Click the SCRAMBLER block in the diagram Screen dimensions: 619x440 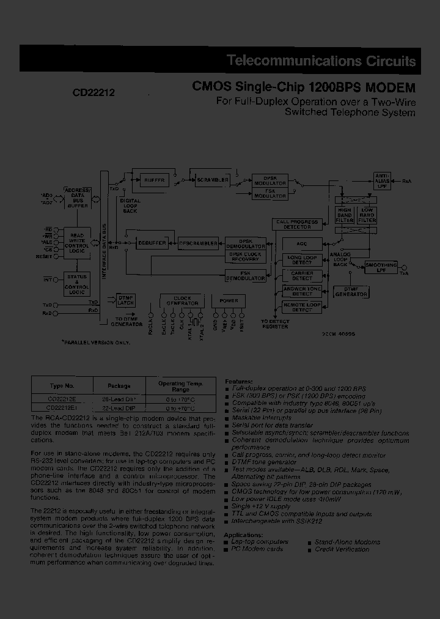pos(213,180)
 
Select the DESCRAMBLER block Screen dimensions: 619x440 pos(197,243)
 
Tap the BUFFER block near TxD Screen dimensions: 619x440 pos(155,180)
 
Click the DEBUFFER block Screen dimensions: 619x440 pos(152,243)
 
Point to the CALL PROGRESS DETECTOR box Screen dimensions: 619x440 pos(297,224)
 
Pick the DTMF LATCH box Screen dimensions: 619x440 pos(125,300)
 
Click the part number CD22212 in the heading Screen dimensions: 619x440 pos(95,92)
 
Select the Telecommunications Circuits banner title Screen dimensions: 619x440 pos(321,61)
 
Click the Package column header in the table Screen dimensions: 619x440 pos(119,386)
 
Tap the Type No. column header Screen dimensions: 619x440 pos(62,386)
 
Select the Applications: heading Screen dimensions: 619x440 pos(244,535)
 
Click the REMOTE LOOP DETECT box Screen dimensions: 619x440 pos(298,306)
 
